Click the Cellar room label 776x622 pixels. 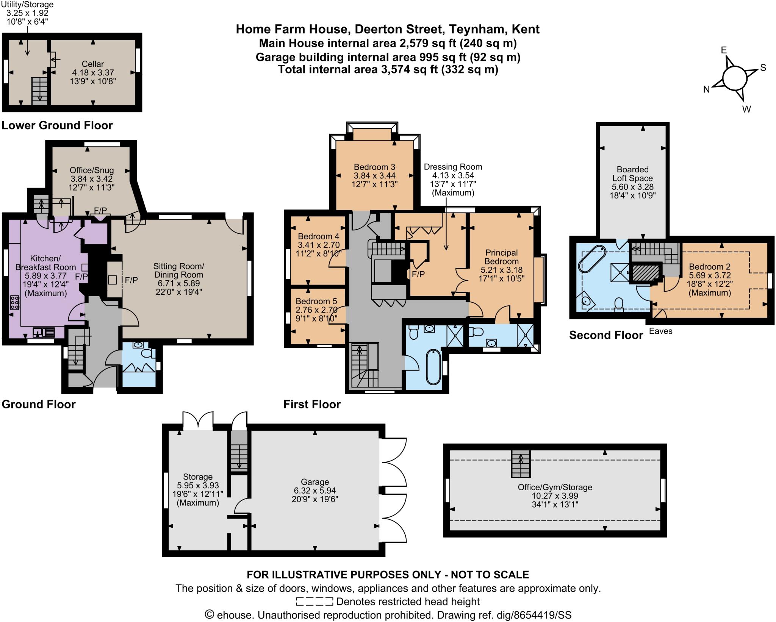93,64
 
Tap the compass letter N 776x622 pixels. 706,90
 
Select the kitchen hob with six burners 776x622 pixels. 15,303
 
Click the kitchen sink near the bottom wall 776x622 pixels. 44,332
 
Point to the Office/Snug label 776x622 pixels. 92,170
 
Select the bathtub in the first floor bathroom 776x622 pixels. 433,367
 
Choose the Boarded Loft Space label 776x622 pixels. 632,174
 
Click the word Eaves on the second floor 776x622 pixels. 660,331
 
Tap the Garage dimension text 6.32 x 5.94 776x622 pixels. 314,491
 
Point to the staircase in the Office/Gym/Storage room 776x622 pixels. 521,464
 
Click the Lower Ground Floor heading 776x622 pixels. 57,125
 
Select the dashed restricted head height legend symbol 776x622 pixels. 314,601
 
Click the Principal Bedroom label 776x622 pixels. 501,257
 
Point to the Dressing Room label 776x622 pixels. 453,167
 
